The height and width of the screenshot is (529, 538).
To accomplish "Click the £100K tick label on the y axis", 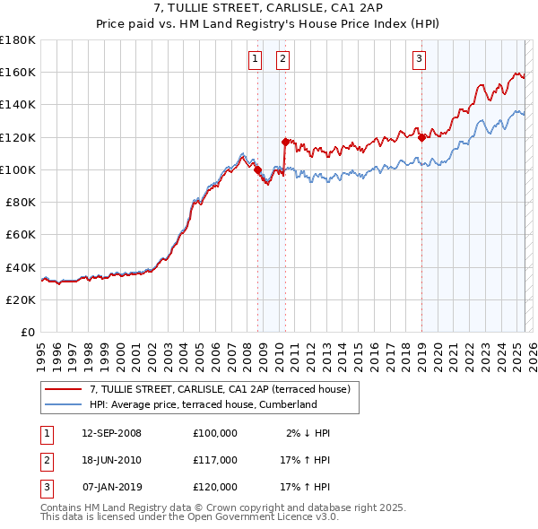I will click(17, 169).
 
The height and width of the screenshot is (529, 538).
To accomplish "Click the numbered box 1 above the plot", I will click(256, 60).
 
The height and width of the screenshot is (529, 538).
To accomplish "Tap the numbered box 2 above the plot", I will click(282, 60).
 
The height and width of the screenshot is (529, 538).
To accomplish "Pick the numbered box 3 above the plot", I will click(419, 60).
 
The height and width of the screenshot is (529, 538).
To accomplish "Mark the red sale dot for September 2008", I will click(257, 169).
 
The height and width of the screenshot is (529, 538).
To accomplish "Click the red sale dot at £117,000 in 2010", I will click(285, 142).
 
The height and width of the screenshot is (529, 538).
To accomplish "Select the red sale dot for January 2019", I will click(421, 137).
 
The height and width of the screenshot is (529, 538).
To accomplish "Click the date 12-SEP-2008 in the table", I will click(111, 433).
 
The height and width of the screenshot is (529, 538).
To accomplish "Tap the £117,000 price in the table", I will click(214, 460).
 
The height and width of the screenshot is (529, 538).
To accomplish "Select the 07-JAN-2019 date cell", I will click(111, 487).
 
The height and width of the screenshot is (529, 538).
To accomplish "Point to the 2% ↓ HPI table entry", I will click(308, 433).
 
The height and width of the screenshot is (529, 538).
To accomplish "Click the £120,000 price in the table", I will click(214, 487).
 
